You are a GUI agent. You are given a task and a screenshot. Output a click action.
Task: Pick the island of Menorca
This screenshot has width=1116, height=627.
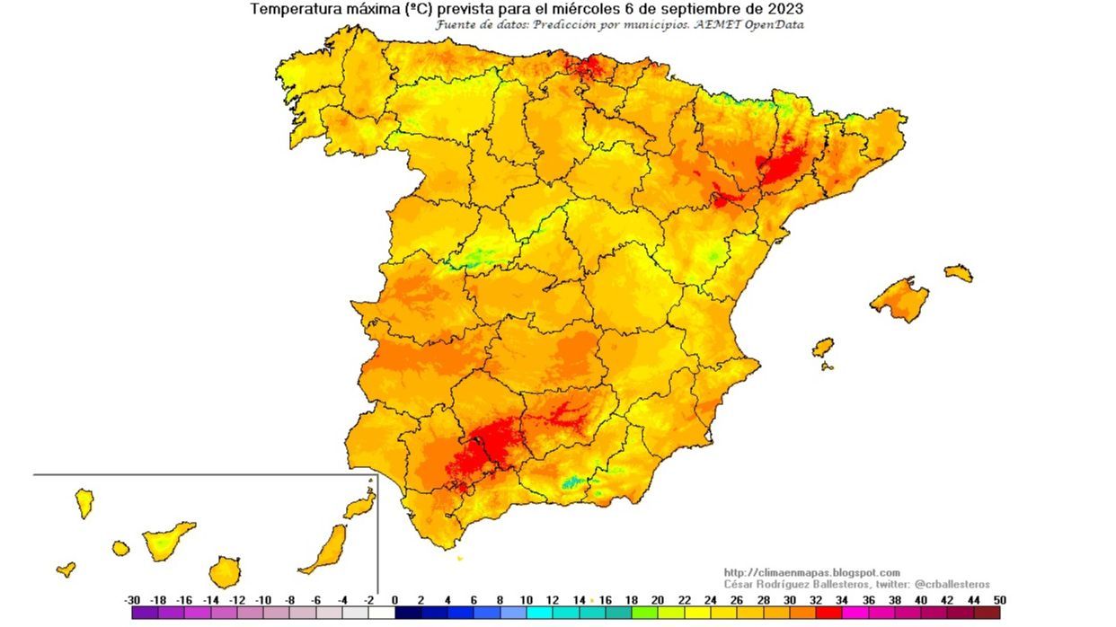[958, 272]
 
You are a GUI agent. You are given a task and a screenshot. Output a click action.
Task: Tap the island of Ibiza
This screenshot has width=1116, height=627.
[822, 347]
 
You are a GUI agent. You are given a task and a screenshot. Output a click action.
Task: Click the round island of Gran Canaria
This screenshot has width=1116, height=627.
[225, 571]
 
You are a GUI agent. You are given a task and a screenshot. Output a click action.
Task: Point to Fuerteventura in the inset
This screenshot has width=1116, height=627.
[324, 549]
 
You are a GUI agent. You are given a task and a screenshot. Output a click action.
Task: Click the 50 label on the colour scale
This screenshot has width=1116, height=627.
[999, 600]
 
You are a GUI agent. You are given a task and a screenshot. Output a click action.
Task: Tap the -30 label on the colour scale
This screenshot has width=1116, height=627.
[132, 600]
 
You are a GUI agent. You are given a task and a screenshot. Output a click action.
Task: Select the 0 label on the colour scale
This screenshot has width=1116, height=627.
[395, 600]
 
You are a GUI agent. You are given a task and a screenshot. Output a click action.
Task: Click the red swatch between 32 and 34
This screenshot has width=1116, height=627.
[829, 614]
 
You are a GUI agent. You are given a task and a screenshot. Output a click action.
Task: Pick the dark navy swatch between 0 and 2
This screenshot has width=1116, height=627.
[409, 614]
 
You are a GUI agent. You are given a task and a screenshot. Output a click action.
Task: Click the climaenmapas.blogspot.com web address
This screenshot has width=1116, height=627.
[811, 572]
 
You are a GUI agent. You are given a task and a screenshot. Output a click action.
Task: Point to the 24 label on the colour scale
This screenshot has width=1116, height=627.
[710, 600]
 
